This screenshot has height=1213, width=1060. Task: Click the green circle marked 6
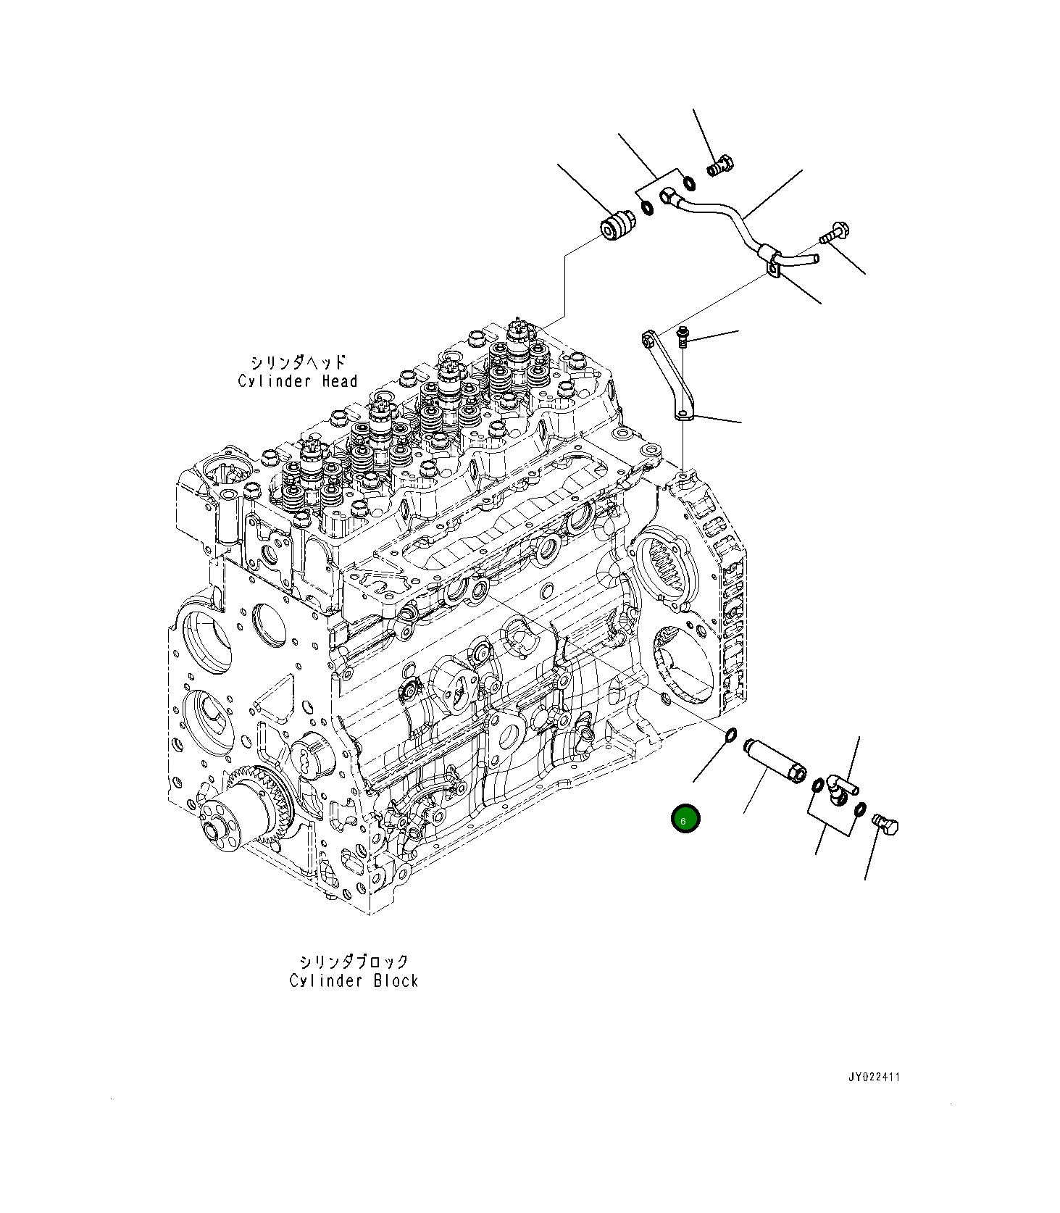pyautogui.click(x=685, y=819)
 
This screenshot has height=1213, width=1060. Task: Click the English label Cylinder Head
pyautogui.click(x=297, y=381)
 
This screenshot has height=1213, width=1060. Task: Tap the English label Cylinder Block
pyautogui.click(x=354, y=980)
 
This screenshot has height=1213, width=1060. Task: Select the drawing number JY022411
pyautogui.click(x=874, y=1077)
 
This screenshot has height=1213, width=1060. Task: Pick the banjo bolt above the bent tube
pyautogui.click(x=720, y=167)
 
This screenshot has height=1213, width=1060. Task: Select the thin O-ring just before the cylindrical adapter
pyautogui.click(x=731, y=736)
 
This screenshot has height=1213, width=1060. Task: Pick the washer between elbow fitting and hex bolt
pyautogui.click(x=860, y=808)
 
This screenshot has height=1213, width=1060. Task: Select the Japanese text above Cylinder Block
pyautogui.click(x=354, y=962)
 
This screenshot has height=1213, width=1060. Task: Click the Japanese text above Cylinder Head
pyautogui.click(x=299, y=362)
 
